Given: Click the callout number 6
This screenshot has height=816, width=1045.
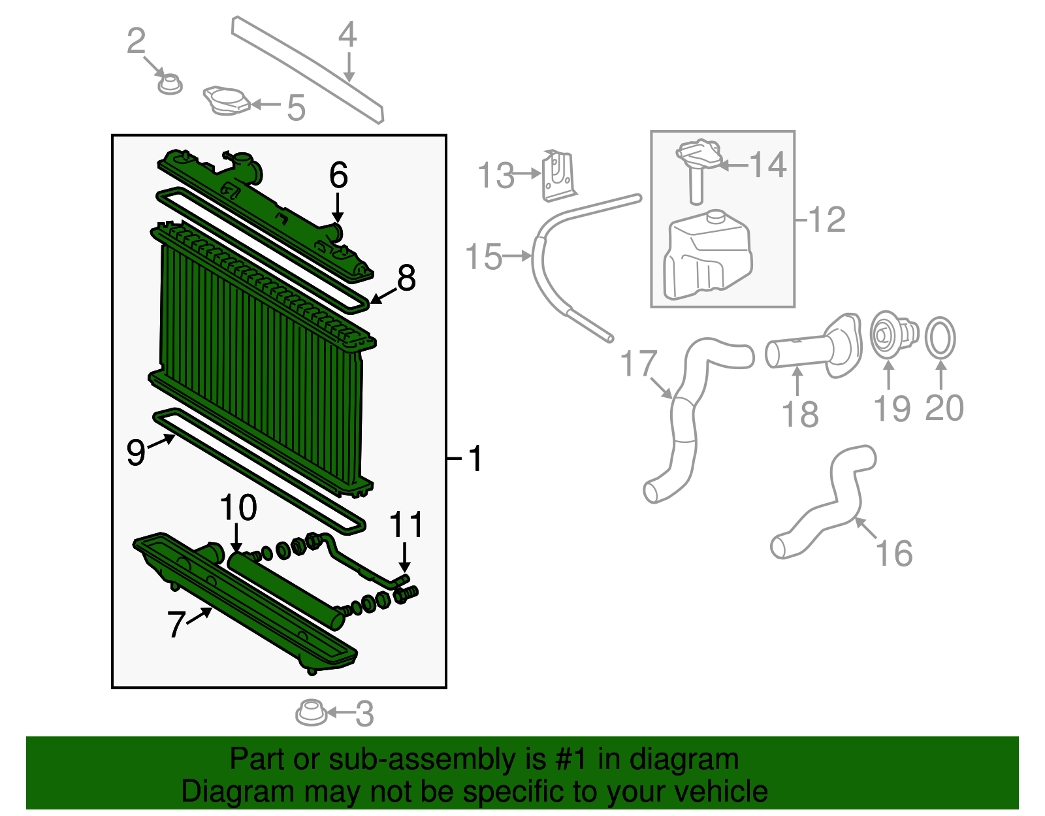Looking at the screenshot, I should click(x=338, y=176).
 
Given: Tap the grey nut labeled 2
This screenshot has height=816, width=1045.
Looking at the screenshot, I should click(x=170, y=84).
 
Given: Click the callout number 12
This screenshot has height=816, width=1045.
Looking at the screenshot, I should click(x=827, y=220).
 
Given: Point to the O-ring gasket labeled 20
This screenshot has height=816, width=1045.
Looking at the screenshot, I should click(x=940, y=338).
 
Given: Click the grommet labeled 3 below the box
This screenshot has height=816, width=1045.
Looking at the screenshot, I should click(x=311, y=713).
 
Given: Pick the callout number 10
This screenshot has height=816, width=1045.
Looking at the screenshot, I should click(x=238, y=508).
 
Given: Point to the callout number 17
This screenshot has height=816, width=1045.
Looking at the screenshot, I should click(x=638, y=364).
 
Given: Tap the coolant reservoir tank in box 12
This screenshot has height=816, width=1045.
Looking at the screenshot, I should click(x=707, y=257).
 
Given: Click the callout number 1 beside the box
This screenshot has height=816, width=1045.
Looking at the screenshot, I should click(x=475, y=459).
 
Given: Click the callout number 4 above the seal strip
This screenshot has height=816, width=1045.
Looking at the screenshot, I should click(x=347, y=34).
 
